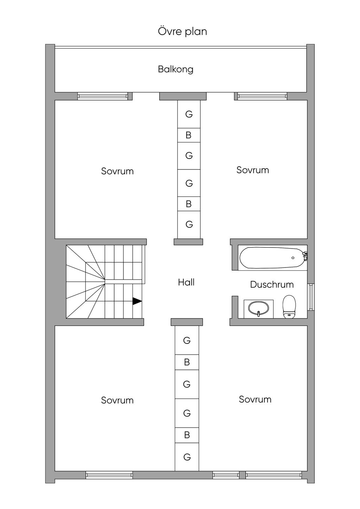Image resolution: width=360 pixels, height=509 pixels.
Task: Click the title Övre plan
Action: (182, 31)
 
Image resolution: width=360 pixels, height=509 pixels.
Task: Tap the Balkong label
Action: (175, 69)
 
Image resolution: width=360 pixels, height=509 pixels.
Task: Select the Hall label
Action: (186, 282)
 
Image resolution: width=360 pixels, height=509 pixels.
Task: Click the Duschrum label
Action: (272, 284)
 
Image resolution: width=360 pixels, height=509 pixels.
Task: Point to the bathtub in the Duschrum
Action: (273, 257)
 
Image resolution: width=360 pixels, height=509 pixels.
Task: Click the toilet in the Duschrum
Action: (289, 307)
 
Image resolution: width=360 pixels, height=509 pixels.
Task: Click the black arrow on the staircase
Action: (137, 301)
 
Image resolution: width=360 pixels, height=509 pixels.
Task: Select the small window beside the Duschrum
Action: (311, 297)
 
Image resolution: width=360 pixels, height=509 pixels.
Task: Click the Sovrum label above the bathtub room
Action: (253, 170)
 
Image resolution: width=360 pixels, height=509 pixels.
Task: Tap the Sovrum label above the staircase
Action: (117, 171)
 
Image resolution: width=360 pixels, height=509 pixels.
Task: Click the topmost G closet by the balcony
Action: (189, 114)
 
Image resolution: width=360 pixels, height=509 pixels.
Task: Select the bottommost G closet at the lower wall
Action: (187, 457)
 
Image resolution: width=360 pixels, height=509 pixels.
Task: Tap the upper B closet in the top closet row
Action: (189, 135)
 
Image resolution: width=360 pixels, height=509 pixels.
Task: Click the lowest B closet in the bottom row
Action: (187, 435)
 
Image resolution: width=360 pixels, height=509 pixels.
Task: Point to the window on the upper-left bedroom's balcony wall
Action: (103, 96)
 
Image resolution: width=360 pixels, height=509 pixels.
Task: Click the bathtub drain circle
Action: (293, 258)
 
